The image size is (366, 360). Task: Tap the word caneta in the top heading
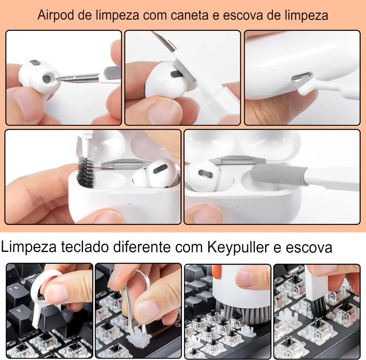189,15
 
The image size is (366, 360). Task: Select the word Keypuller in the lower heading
238,247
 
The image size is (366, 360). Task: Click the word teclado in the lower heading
85,247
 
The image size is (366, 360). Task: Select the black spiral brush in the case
85,172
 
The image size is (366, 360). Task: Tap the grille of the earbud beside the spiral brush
160,169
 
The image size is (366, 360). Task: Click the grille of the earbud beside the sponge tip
206,173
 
